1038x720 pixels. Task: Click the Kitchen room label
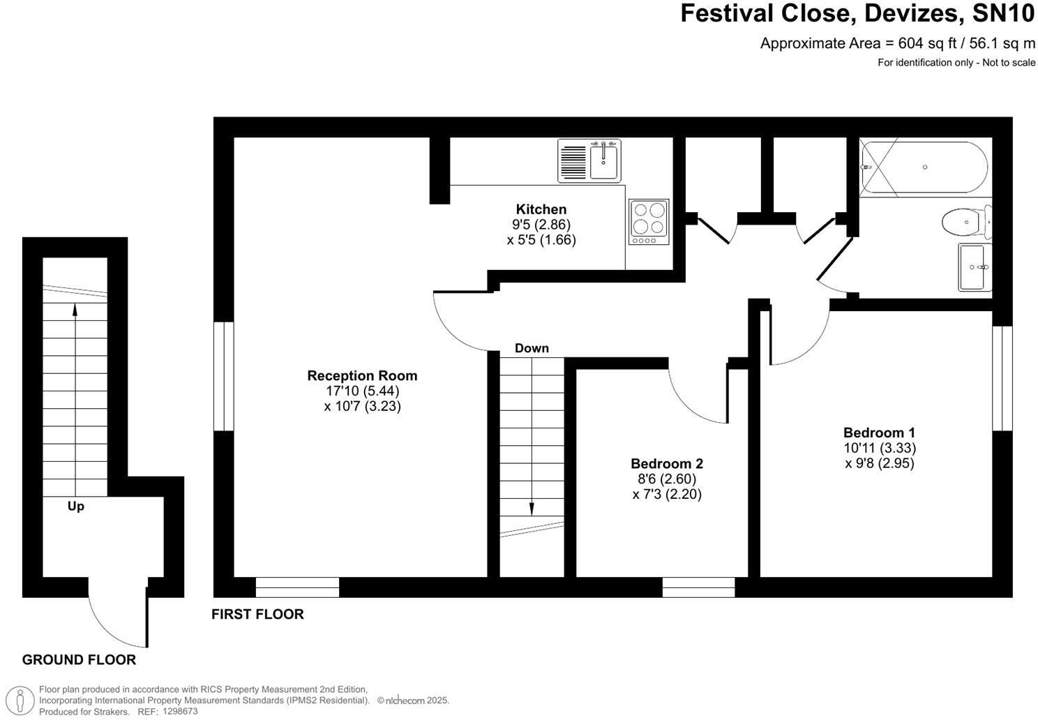[541, 209]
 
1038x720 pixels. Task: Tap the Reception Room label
[362, 375]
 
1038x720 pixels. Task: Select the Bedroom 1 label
[879, 433]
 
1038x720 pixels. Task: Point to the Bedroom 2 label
[666, 463]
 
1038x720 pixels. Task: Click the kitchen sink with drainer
[589, 160]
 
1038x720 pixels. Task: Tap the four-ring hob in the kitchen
[648, 222]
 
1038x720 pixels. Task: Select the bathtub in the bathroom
[924, 167]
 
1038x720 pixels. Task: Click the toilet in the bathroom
[965, 223]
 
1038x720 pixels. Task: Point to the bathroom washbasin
[974, 267]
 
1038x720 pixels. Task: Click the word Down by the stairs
[532, 348]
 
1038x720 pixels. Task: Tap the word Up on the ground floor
[76, 507]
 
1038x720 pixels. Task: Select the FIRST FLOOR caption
[257, 615]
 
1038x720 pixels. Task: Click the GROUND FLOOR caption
[79, 660]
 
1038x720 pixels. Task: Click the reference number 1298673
[180, 712]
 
